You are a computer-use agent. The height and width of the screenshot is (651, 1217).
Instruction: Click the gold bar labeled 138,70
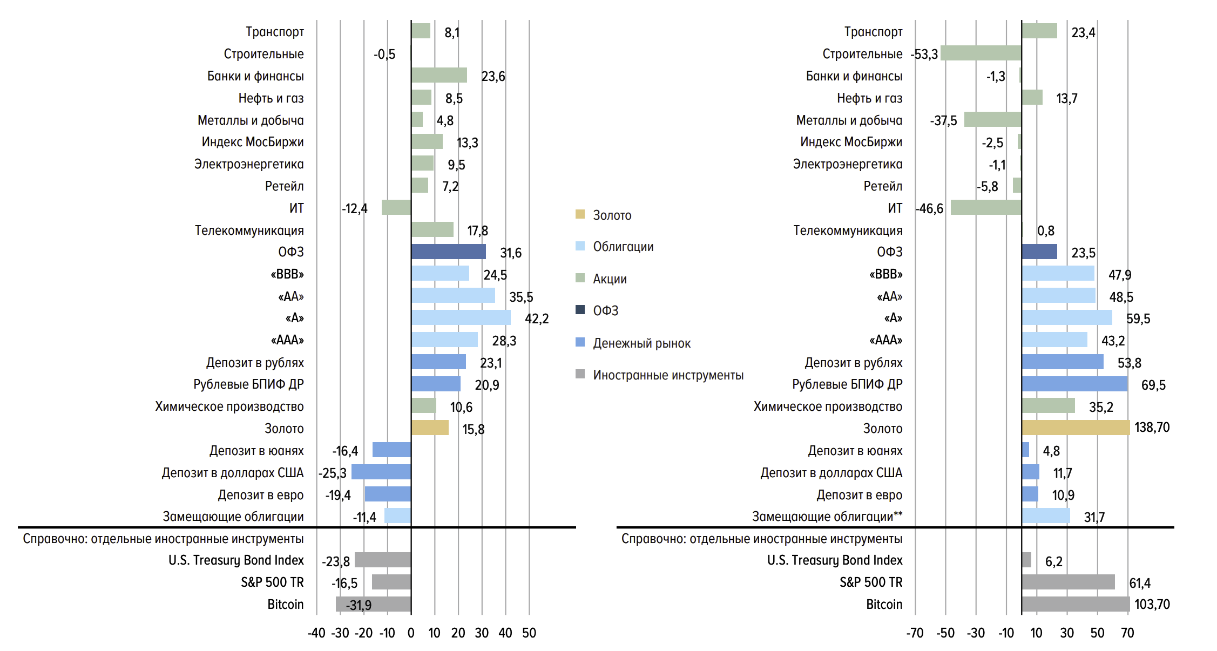coord(1075,428)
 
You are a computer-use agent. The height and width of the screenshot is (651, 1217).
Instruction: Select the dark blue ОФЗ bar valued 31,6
coord(448,252)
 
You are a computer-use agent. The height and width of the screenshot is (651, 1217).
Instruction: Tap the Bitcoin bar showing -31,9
coord(373,604)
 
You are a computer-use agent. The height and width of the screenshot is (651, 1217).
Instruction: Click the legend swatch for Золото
coord(580,214)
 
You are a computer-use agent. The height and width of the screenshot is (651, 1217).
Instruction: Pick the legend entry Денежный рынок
coord(641,343)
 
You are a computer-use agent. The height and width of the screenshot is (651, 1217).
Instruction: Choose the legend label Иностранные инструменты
coord(668,375)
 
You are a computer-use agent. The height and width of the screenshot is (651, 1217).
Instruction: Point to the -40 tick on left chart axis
coord(316,633)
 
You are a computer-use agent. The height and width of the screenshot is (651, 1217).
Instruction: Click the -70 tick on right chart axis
coord(915,633)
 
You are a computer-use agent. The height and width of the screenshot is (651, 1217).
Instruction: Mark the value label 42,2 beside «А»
coord(537,318)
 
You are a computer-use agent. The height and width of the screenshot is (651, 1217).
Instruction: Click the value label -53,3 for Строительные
coord(924,55)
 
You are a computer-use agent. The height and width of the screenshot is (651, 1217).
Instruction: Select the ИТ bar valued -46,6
coord(986,207)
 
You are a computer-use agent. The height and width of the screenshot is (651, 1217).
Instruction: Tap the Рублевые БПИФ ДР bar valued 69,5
coord(1074,384)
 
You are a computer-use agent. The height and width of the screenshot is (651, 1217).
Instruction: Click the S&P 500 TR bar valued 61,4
coord(1068,582)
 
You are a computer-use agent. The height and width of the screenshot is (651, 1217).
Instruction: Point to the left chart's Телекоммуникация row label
coord(249,230)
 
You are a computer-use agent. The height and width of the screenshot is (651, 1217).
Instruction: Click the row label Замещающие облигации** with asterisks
coord(827,517)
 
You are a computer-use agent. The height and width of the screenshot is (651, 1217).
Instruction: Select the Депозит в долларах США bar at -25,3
coord(381,472)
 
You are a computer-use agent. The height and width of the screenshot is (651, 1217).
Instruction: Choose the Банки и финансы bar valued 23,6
coord(439,75)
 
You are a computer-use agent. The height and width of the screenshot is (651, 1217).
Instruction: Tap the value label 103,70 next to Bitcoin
coord(1152,604)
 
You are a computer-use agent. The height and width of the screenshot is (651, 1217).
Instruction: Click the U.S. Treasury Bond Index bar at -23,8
coord(383,560)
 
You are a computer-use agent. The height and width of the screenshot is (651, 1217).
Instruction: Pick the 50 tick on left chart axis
coord(529,633)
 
